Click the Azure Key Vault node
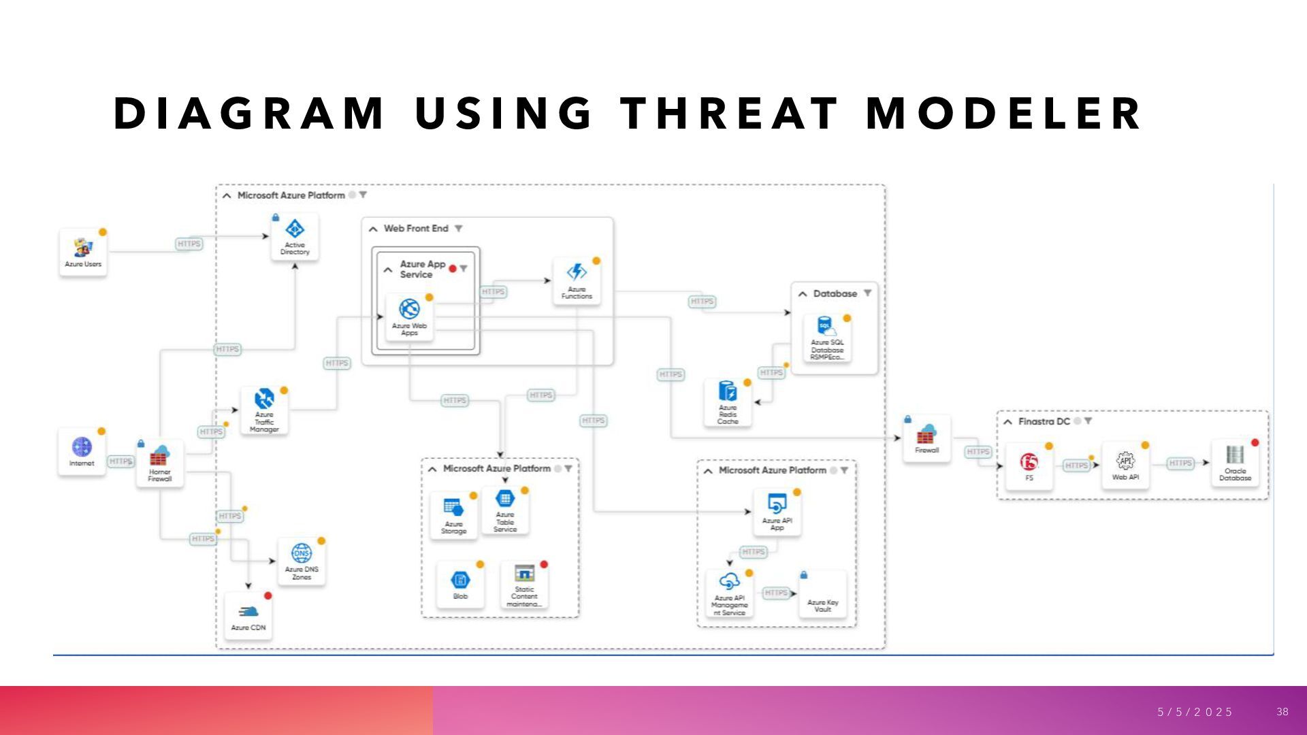tap(822, 595)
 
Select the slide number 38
tap(1282, 712)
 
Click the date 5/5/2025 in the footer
tap(1195, 712)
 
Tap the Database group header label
tap(835, 293)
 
